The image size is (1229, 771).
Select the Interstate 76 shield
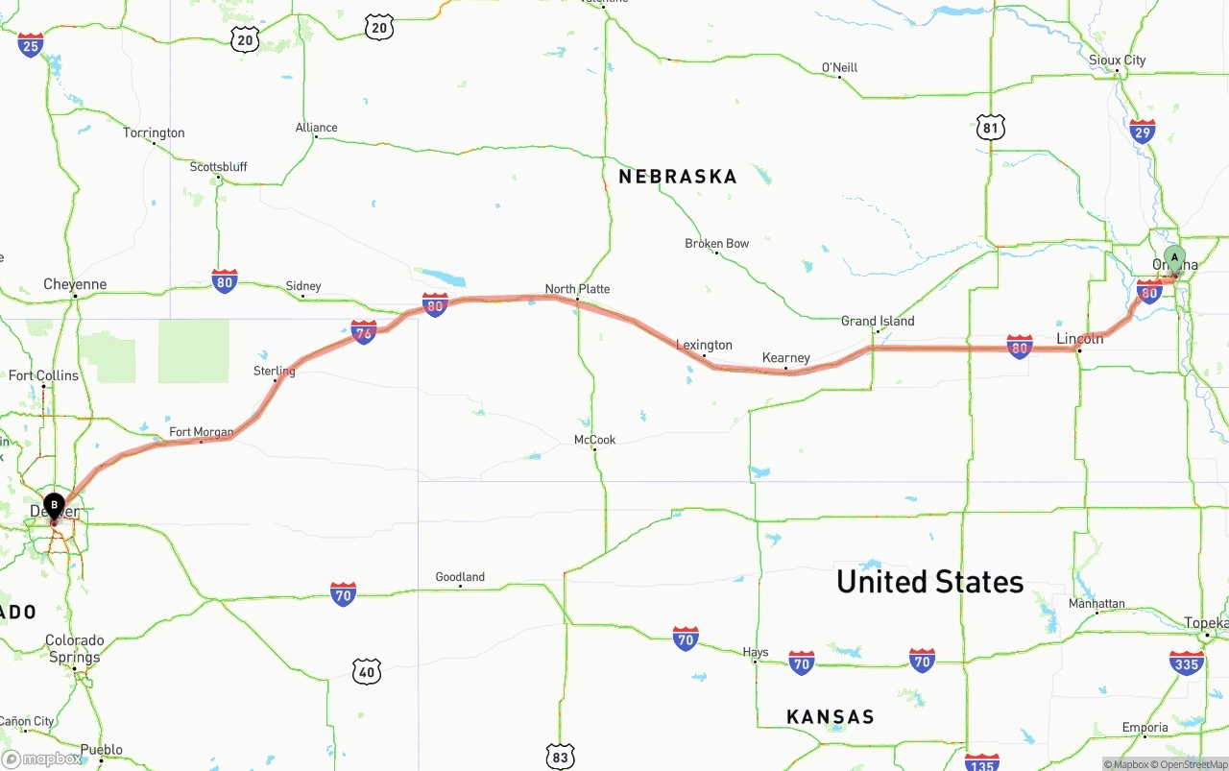pos(364,332)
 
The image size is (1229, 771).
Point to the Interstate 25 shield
pos(31,44)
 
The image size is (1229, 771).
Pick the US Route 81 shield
pos(991,127)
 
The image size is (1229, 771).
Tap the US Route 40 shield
pos(366,671)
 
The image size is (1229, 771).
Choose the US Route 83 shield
pos(560,756)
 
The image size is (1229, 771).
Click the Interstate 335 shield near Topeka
pos(1187,663)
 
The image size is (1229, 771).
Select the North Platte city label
pos(577,289)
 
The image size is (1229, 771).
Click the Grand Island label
pos(878,321)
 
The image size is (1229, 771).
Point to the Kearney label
pos(786,358)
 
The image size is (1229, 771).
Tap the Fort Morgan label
pos(202,432)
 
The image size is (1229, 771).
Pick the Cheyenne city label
pos(75,284)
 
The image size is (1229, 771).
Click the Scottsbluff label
pos(218,167)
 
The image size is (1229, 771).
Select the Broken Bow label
pos(716,244)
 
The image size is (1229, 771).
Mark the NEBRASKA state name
pos(678,177)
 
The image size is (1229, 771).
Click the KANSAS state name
pos(831,716)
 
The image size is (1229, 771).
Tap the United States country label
pos(929,582)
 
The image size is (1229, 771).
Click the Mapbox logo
pos(42,759)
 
